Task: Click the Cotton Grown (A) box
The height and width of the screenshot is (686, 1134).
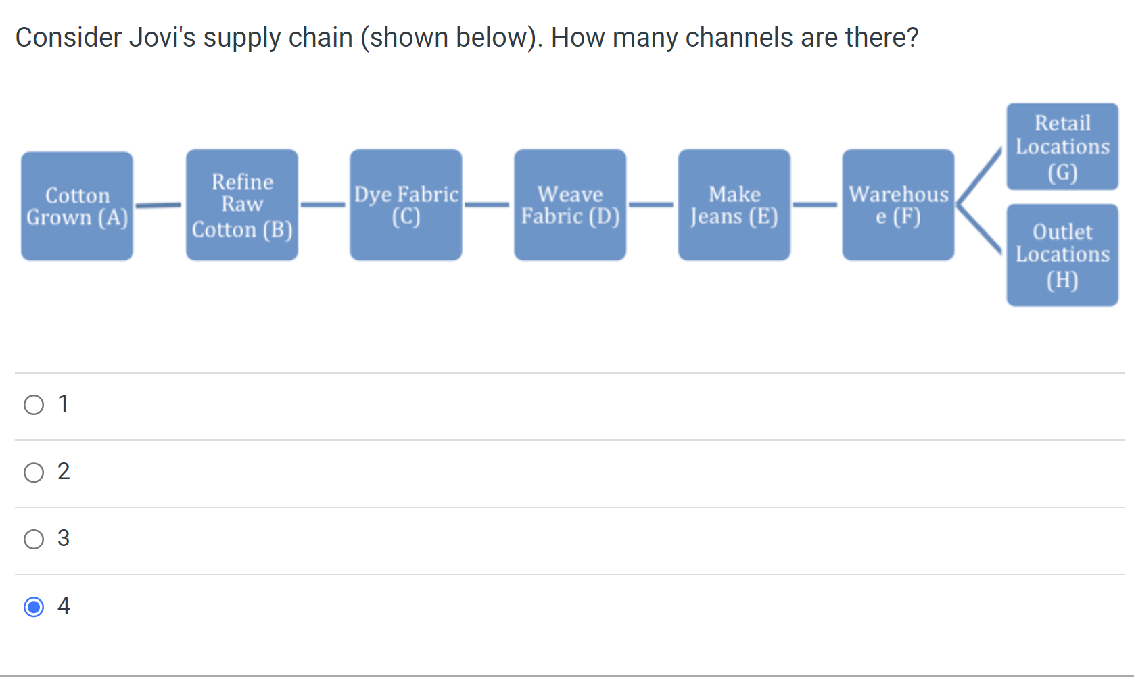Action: click(x=77, y=206)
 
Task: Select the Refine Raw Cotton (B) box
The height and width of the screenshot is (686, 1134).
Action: click(x=242, y=205)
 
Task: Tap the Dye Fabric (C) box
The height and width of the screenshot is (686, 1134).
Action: click(x=406, y=205)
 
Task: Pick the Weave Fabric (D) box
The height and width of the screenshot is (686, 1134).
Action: click(x=570, y=205)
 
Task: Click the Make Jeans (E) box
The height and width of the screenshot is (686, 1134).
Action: click(x=734, y=205)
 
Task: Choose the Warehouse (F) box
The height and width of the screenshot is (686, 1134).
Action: click(x=898, y=205)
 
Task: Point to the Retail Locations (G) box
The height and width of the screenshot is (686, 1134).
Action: click(x=1062, y=147)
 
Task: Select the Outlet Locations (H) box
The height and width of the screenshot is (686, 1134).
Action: click(x=1062, y=255)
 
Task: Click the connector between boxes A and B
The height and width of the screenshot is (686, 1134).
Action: click(x=159, y=205)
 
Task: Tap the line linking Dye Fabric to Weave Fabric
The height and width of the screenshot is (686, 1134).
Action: click(x=487, y=204)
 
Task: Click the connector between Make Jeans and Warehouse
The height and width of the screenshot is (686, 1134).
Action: click(x=816, y=204)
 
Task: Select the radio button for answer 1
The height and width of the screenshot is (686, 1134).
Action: click(x=34, y=405)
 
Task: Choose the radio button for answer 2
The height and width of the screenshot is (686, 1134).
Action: click(x=34, y=472)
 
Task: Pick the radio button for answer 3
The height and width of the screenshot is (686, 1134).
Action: click(x=34, y=539)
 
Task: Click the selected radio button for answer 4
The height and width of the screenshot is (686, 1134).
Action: click(x=34, y=607)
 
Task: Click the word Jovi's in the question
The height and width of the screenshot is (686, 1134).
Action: click(x=162, y=38)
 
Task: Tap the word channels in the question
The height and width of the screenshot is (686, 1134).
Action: click(x=739, y=38)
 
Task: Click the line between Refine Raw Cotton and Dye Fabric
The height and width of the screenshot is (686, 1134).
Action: click(x=323, y=204)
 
